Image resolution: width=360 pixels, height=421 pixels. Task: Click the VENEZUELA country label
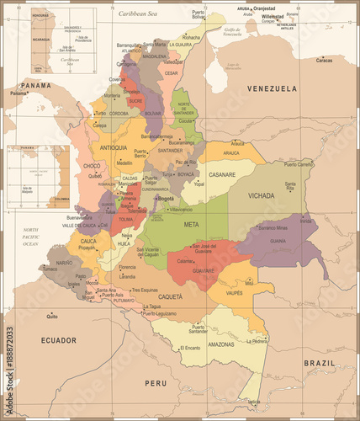(271, 88)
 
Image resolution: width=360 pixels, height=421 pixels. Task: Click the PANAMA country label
(36, 85)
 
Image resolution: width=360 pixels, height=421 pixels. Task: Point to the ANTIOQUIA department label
(114, 147)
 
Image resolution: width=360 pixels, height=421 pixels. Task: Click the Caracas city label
(324, 61)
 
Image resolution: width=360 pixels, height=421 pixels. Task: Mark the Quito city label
(52, 317)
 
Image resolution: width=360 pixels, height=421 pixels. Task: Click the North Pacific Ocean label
(30, 237)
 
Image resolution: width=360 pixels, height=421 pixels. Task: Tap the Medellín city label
(124, 163)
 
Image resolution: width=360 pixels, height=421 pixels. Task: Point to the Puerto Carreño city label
(300, 165)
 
